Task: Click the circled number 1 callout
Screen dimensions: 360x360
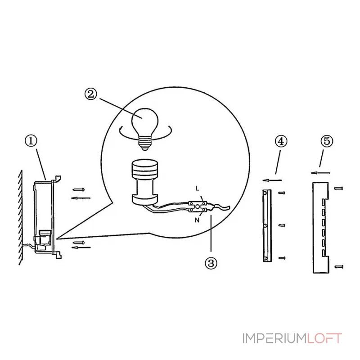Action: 31,140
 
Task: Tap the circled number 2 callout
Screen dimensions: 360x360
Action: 91,94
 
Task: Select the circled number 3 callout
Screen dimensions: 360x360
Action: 211,263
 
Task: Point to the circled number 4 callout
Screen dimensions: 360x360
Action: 281,141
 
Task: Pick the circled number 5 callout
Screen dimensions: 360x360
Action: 327,141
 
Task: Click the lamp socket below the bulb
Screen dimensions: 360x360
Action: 145,182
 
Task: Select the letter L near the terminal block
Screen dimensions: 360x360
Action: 197,189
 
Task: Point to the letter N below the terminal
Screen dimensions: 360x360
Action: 197,220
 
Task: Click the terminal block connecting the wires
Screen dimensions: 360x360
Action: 198,207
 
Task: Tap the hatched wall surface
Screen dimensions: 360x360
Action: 21,217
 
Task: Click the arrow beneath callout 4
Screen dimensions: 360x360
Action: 272,180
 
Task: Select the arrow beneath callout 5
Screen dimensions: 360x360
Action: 320,173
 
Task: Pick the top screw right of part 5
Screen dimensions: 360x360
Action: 338,189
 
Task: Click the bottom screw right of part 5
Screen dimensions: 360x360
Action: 338,267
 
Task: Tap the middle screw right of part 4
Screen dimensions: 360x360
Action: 282,225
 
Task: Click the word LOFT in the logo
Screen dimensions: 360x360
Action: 324,338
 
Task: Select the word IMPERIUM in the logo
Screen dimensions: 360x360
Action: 275,338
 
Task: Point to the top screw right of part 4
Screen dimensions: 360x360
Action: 282,193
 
